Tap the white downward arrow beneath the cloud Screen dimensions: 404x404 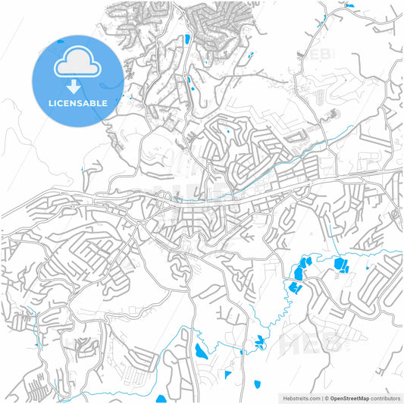pyautogui.click(x=77, y=86)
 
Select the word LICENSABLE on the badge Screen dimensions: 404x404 pyautogui.click(x=77, y=102)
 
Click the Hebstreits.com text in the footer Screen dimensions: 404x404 pyautogui.click(x=300, y=397)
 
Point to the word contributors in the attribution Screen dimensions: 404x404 pyautogui.click(x=386, y=397)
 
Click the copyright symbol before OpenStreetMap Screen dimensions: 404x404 pyautogui.click(x=324, y=397)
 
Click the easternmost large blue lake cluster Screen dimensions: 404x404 pyautogui.click(x=339, y=265)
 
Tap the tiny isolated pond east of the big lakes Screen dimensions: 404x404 pyautogui.click(x=367, y=268)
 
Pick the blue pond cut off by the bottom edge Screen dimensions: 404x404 pyautogui.click(x=161, y=399)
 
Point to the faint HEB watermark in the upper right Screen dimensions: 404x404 pyautogui.click(x=318, y=55)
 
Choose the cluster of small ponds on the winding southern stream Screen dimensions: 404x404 pyautogui.click(x=260, y=343)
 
